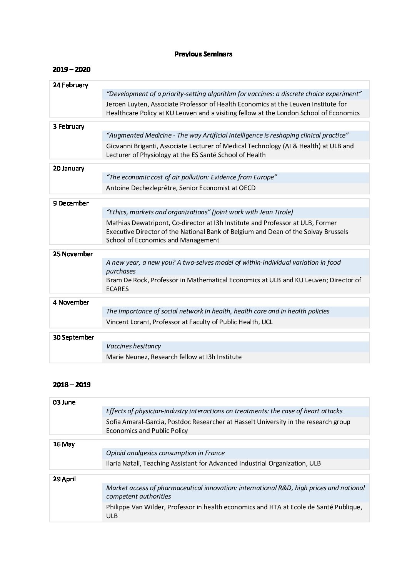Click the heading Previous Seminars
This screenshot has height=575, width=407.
coord(203,54)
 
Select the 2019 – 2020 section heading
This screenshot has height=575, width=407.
coord(72,70)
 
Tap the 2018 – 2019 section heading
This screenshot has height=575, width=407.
coord(72,384)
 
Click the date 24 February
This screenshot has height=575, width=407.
coord(70,85)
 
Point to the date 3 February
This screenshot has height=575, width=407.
coord(68,126)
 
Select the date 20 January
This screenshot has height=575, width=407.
coord(68,168)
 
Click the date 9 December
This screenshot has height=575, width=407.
coord(71,203)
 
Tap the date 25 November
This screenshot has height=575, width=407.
coord(73,254)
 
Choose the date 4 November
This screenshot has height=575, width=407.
coord(71,302)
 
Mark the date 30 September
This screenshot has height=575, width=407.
coord(73,337)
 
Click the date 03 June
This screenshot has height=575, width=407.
coord(64,402)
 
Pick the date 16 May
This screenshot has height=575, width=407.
coord(64,444)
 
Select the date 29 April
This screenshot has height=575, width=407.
coord(64,479)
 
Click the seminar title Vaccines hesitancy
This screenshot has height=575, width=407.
coord(133,346)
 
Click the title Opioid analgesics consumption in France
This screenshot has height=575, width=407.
coord(165,453)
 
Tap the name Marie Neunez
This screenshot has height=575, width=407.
coord(127,357)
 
